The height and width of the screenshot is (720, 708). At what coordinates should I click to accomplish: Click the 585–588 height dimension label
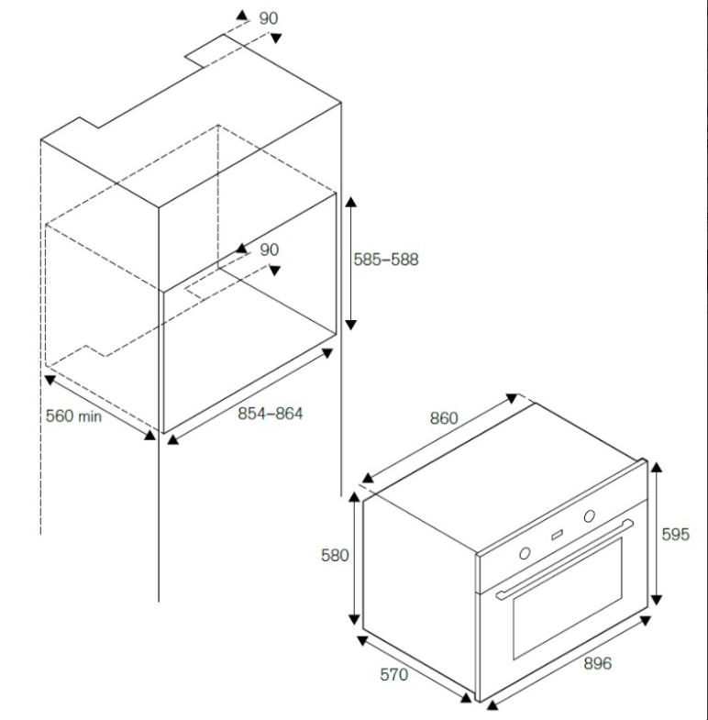[x=386, y=260]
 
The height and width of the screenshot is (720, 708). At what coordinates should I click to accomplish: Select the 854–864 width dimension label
[x=270, y=414]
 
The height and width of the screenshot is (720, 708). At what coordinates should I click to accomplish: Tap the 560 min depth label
[x=73, y=416]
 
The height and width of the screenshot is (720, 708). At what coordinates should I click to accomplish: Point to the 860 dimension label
[x=444, y=418]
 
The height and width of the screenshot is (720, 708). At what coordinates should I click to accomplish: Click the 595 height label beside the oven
[x=675, y=534]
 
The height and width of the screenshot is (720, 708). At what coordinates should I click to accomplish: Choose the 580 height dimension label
[x=335, y=556]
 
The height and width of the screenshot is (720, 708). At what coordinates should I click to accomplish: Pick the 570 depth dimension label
[x=394, y=674]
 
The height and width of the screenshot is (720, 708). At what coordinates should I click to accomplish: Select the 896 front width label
[x=597, y=663]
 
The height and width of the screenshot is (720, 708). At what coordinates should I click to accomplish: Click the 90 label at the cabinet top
[x=269, y=18]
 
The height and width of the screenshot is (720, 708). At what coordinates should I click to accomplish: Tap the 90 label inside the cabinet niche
[x=269, y=249]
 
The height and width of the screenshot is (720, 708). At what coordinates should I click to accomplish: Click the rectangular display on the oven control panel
[x=558, y=535]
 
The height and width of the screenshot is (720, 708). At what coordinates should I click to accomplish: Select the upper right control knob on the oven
[x=590, y=516]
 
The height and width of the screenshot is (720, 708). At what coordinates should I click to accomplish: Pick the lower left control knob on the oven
[x=525, y=553]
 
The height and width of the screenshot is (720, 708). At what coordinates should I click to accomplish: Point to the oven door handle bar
[x=565, y=559]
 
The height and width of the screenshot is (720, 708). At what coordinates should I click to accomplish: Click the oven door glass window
[x=568, y=598]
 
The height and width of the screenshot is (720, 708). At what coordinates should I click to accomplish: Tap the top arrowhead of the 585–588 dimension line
[x=350, y=202]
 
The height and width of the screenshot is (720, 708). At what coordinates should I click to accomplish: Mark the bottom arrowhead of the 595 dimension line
[x=657, y=600]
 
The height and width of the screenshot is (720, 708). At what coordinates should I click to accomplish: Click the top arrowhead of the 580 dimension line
[x=355, y=497]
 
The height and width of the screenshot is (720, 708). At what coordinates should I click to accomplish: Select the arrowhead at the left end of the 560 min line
[x=50, y=380]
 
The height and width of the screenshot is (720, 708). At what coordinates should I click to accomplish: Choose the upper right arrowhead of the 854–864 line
[x=327, y=352]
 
